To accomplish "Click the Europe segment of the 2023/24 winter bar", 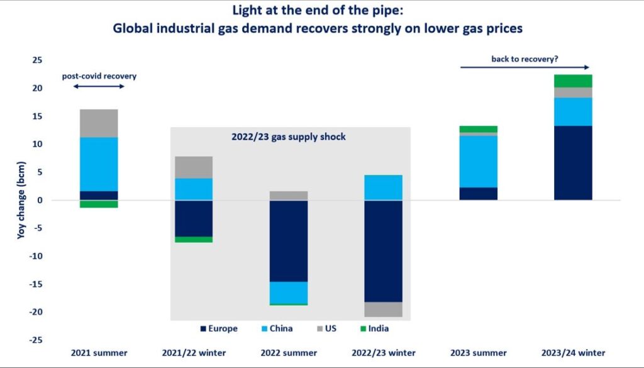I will pyautogui.click(x=573, y=163).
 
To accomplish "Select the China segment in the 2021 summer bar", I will pyautogui.click(x=99, y=164).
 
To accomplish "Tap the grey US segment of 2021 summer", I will pyautogui.click(x=99, y=123).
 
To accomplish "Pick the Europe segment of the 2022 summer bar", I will pyautogui.click(x=289, y=240).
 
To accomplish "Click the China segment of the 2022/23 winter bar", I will pyautogui.click(x=383, y=187).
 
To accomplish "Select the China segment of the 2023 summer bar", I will pyautogui.click(x=478, y=162).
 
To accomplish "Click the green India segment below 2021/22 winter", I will pyautogui.click(x=194, y=239).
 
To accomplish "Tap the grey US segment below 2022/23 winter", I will pyautogui.click(x=383, y=309).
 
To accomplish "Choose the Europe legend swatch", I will pyautogui.click(x=203, y=328).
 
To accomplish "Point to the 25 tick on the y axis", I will pyautogui.click(x=37, y=60).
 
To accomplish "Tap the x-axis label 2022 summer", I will pyautogui.click(x=288, y=352).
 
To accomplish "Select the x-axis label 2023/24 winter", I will pyautogui.click(x=572, y=352).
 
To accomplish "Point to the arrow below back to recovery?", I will pyautogui.click(x=525, y=67).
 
